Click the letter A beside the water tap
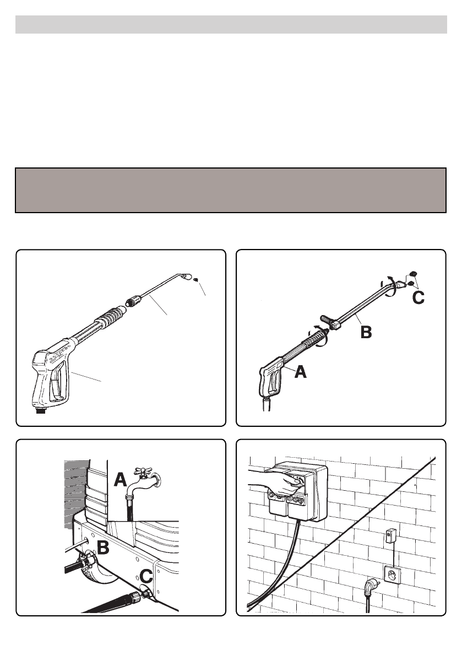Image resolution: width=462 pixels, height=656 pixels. (x=120, y=479)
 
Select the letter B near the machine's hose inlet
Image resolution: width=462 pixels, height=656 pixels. (x=103, y=547)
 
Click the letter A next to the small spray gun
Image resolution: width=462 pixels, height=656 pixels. (x=301, y=371)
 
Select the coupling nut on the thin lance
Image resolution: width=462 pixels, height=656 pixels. (x=133, y=301)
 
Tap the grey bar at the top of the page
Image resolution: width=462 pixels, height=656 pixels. (x=231, y=25)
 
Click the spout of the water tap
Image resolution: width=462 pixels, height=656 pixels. (x=133, y=487)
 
